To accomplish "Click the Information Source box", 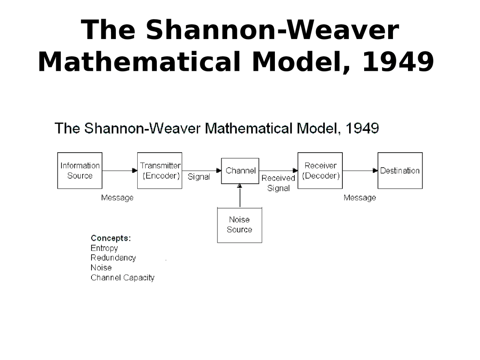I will pyautogui.click(x=79, y=171).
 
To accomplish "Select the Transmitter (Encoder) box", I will pyautogui.click(x=160, y=171).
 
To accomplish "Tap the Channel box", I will pyautogui.click(x=240, y=171).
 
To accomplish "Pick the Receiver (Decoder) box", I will pyautogui.click(x=320, y=171).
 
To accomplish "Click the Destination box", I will pyautogui.click(x=400, y=171).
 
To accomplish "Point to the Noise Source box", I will pyautogui.click(x=240, y=225).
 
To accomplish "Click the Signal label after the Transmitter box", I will pyautogui.click(x=199, y=177).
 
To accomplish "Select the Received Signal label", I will pyautogui.click(x=278, y=183).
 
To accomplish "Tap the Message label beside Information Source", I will pyautogui.click(x=117, y=198).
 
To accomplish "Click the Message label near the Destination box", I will pyautogui.click(x=360, y=198).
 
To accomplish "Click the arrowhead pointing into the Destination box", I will pyautogui.click(x=375, y=171).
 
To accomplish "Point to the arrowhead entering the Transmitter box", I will pyautogui.click(x=135, y=171).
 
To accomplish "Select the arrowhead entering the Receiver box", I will pyautogui.click(x=295, y=171).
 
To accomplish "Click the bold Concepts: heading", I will pyautogui.click(x=111, y=238).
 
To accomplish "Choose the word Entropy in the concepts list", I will pyautogui.click(x=104, y=248).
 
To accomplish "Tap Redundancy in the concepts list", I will pyautogui.click(x=113, y=258).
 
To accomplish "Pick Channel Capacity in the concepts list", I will pyautogui.click(x=122, y=278).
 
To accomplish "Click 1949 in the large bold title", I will pyautogui.click(x=398, y=61).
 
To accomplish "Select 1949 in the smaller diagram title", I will pyautogui.click(x=362, y=128).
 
